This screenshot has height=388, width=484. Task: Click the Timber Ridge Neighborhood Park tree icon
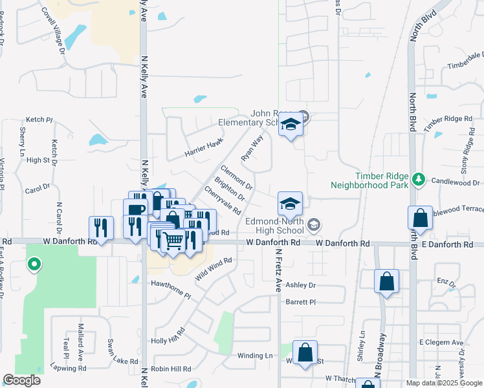(x=419, y=178)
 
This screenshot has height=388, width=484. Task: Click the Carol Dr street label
(x=38, y=189)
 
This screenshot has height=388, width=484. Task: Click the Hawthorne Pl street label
(x=171, y=289)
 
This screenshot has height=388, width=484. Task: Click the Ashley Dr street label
(x=300, y=285)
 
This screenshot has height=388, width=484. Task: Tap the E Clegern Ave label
(x=441, y=342)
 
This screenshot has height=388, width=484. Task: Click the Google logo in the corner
(x=21, y=380)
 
